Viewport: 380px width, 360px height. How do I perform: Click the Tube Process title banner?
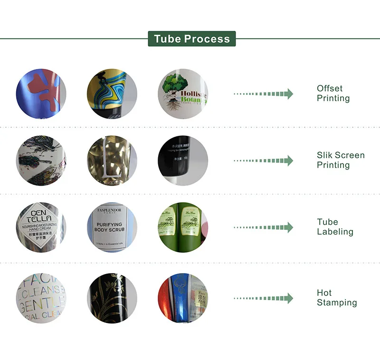point(191,39)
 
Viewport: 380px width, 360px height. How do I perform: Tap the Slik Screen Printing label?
point(341,160)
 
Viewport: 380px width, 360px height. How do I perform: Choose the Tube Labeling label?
point(335,227)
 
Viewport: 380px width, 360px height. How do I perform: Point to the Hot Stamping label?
point(336,298)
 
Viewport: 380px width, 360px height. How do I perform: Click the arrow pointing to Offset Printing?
point(264,94)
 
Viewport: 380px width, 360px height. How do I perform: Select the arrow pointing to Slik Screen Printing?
point(264,161)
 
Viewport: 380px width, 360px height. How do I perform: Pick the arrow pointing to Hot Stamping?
point(264,298)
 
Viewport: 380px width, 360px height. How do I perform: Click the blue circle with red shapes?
point(41,94)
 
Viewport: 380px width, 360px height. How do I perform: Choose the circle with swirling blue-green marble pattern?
point(112,94)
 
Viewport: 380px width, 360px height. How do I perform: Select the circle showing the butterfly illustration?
point(41,161)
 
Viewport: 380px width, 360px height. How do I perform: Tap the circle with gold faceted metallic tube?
point(112,161)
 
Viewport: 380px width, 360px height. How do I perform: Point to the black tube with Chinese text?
point(182,161)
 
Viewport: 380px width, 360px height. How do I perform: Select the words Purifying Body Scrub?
point(110,227)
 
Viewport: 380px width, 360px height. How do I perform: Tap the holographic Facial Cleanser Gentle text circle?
point(41,298)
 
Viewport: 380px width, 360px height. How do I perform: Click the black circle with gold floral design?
point(112,298)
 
